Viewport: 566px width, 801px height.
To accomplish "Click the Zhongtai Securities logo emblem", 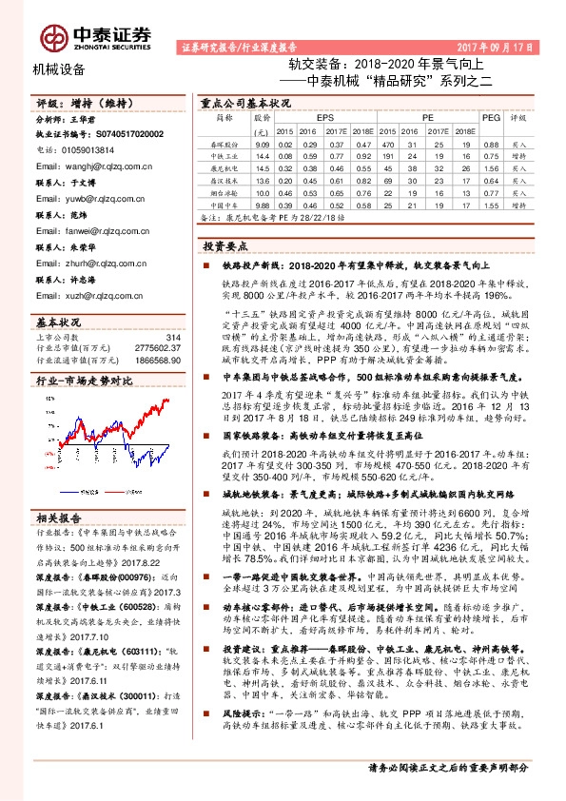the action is pyautogui.click(x=52, y=37).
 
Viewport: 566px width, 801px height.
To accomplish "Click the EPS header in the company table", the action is pyautogui.click(x=311, y=117).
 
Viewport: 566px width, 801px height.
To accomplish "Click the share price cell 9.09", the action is pyautogui.click(x=263, y=143).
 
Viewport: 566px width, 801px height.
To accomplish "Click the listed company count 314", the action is pyautogui.click(x=172, y=338).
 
